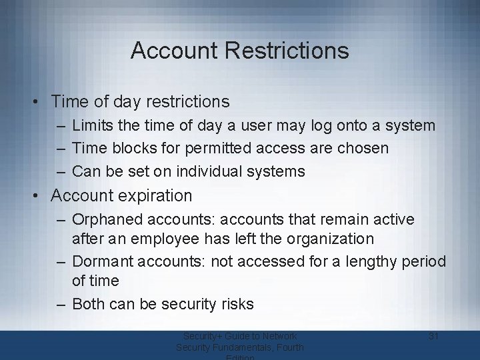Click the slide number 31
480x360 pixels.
tap(433, 336)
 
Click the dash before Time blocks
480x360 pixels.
tap(61, 148)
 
